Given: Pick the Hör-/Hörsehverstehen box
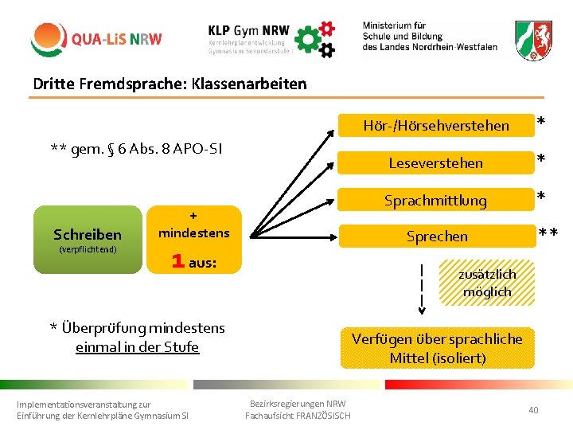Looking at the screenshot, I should tap(435, 125).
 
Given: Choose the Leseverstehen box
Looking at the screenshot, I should tap(435, 162).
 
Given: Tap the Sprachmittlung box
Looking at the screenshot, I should tap(435, 200).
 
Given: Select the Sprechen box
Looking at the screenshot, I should tap(437, 236).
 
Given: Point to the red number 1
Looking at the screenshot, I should tap(179, 261).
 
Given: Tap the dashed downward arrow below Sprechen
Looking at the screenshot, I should tap(422, 287).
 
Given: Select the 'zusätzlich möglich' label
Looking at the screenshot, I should tap(487, 283).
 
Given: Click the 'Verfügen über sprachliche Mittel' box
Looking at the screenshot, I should tap(437, 348).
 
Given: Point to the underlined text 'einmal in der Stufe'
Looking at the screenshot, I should tap(137, 346).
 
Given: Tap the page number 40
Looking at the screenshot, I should tap(533, 409).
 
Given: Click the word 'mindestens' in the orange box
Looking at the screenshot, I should tap(193, 233).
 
